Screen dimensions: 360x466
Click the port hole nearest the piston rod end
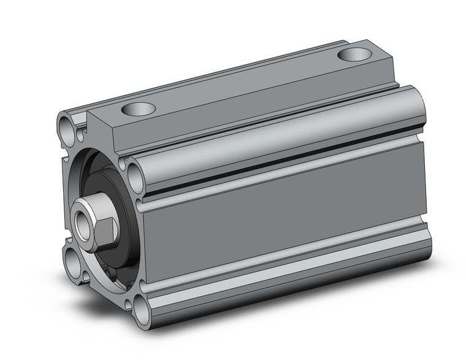click(x=137, y=110)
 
